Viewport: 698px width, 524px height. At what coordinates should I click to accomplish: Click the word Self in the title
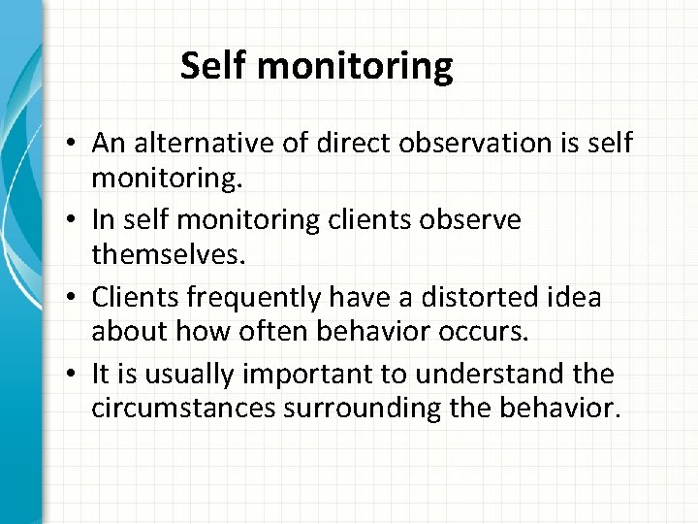click(x=207, y=67)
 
